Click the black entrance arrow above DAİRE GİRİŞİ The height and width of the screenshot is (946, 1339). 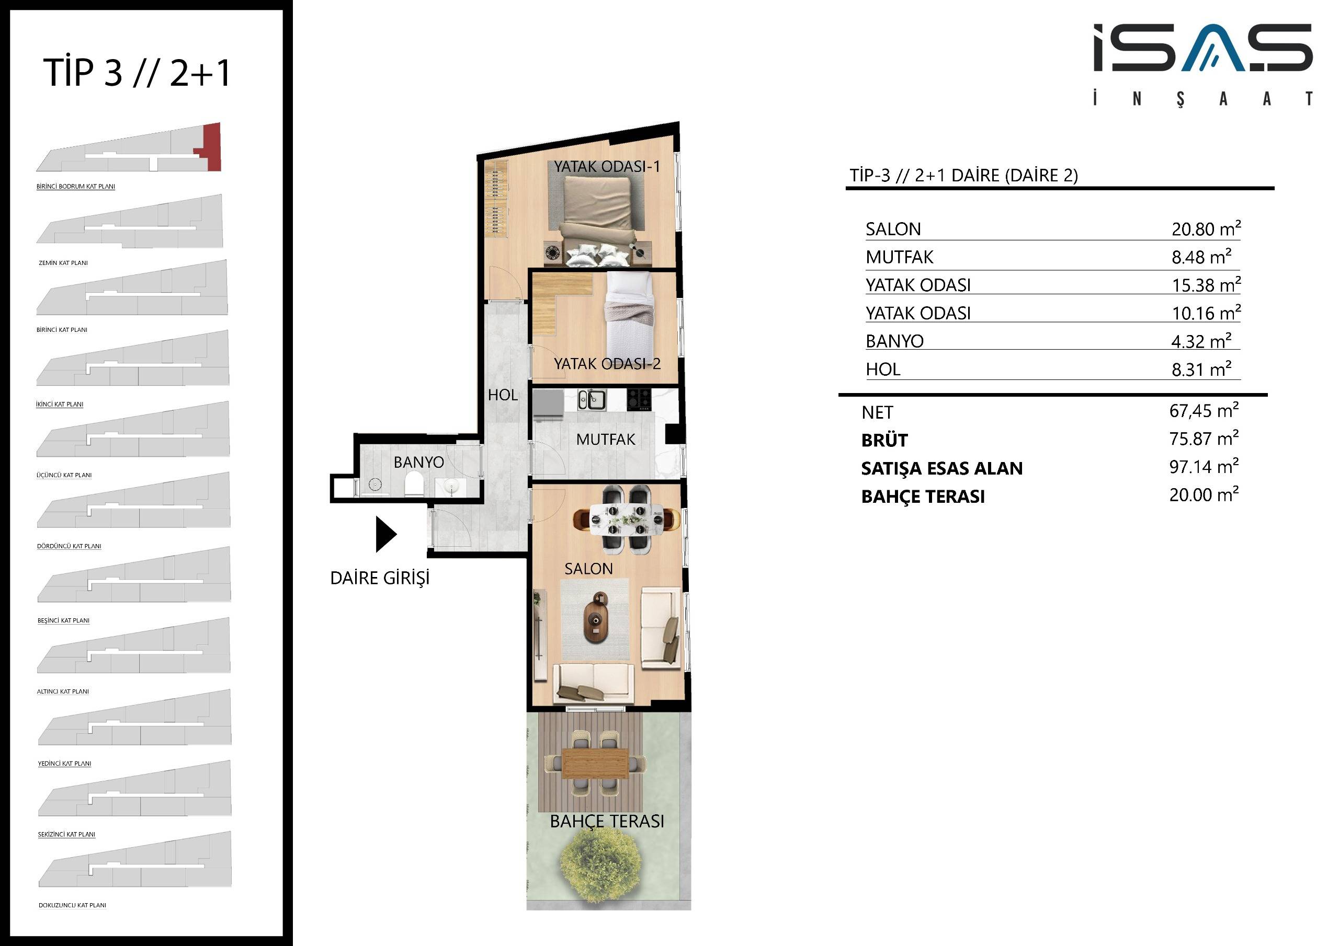(385, 534)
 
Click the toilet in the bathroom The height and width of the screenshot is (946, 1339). (414, 483)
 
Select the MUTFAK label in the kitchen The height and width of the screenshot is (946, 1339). (605, 439)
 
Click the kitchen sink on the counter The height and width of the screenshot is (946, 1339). (592, 400)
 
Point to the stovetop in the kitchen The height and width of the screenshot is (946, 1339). (639, 399)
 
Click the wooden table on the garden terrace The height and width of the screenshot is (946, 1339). (595, 764)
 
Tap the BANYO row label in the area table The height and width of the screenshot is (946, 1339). (894, 341)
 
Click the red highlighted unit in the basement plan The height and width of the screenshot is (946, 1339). (210, 148)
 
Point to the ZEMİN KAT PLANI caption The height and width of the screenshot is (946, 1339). (63, 263)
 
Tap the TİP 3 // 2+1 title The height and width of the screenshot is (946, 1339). (138, 73)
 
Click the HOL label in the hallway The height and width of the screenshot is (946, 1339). (503, 395)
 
